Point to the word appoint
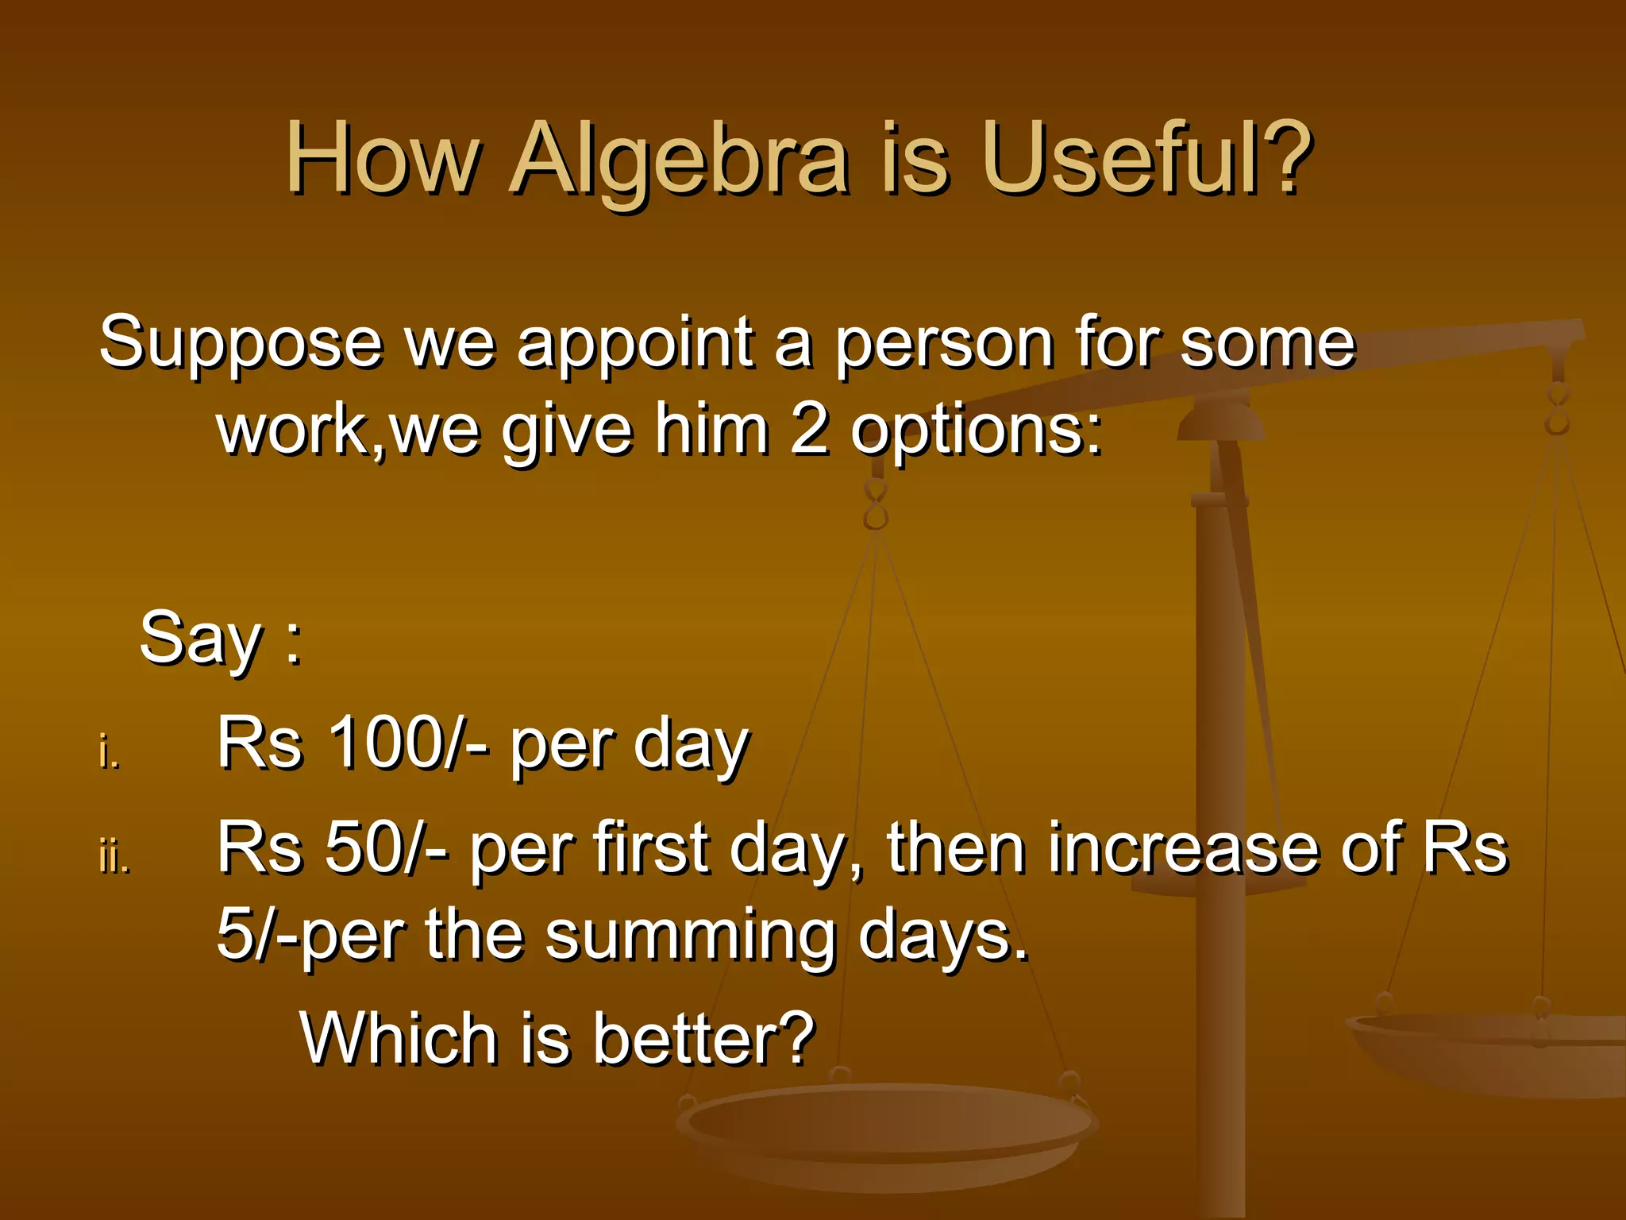tap(634, 343)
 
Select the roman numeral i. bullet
tap(109, 751)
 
